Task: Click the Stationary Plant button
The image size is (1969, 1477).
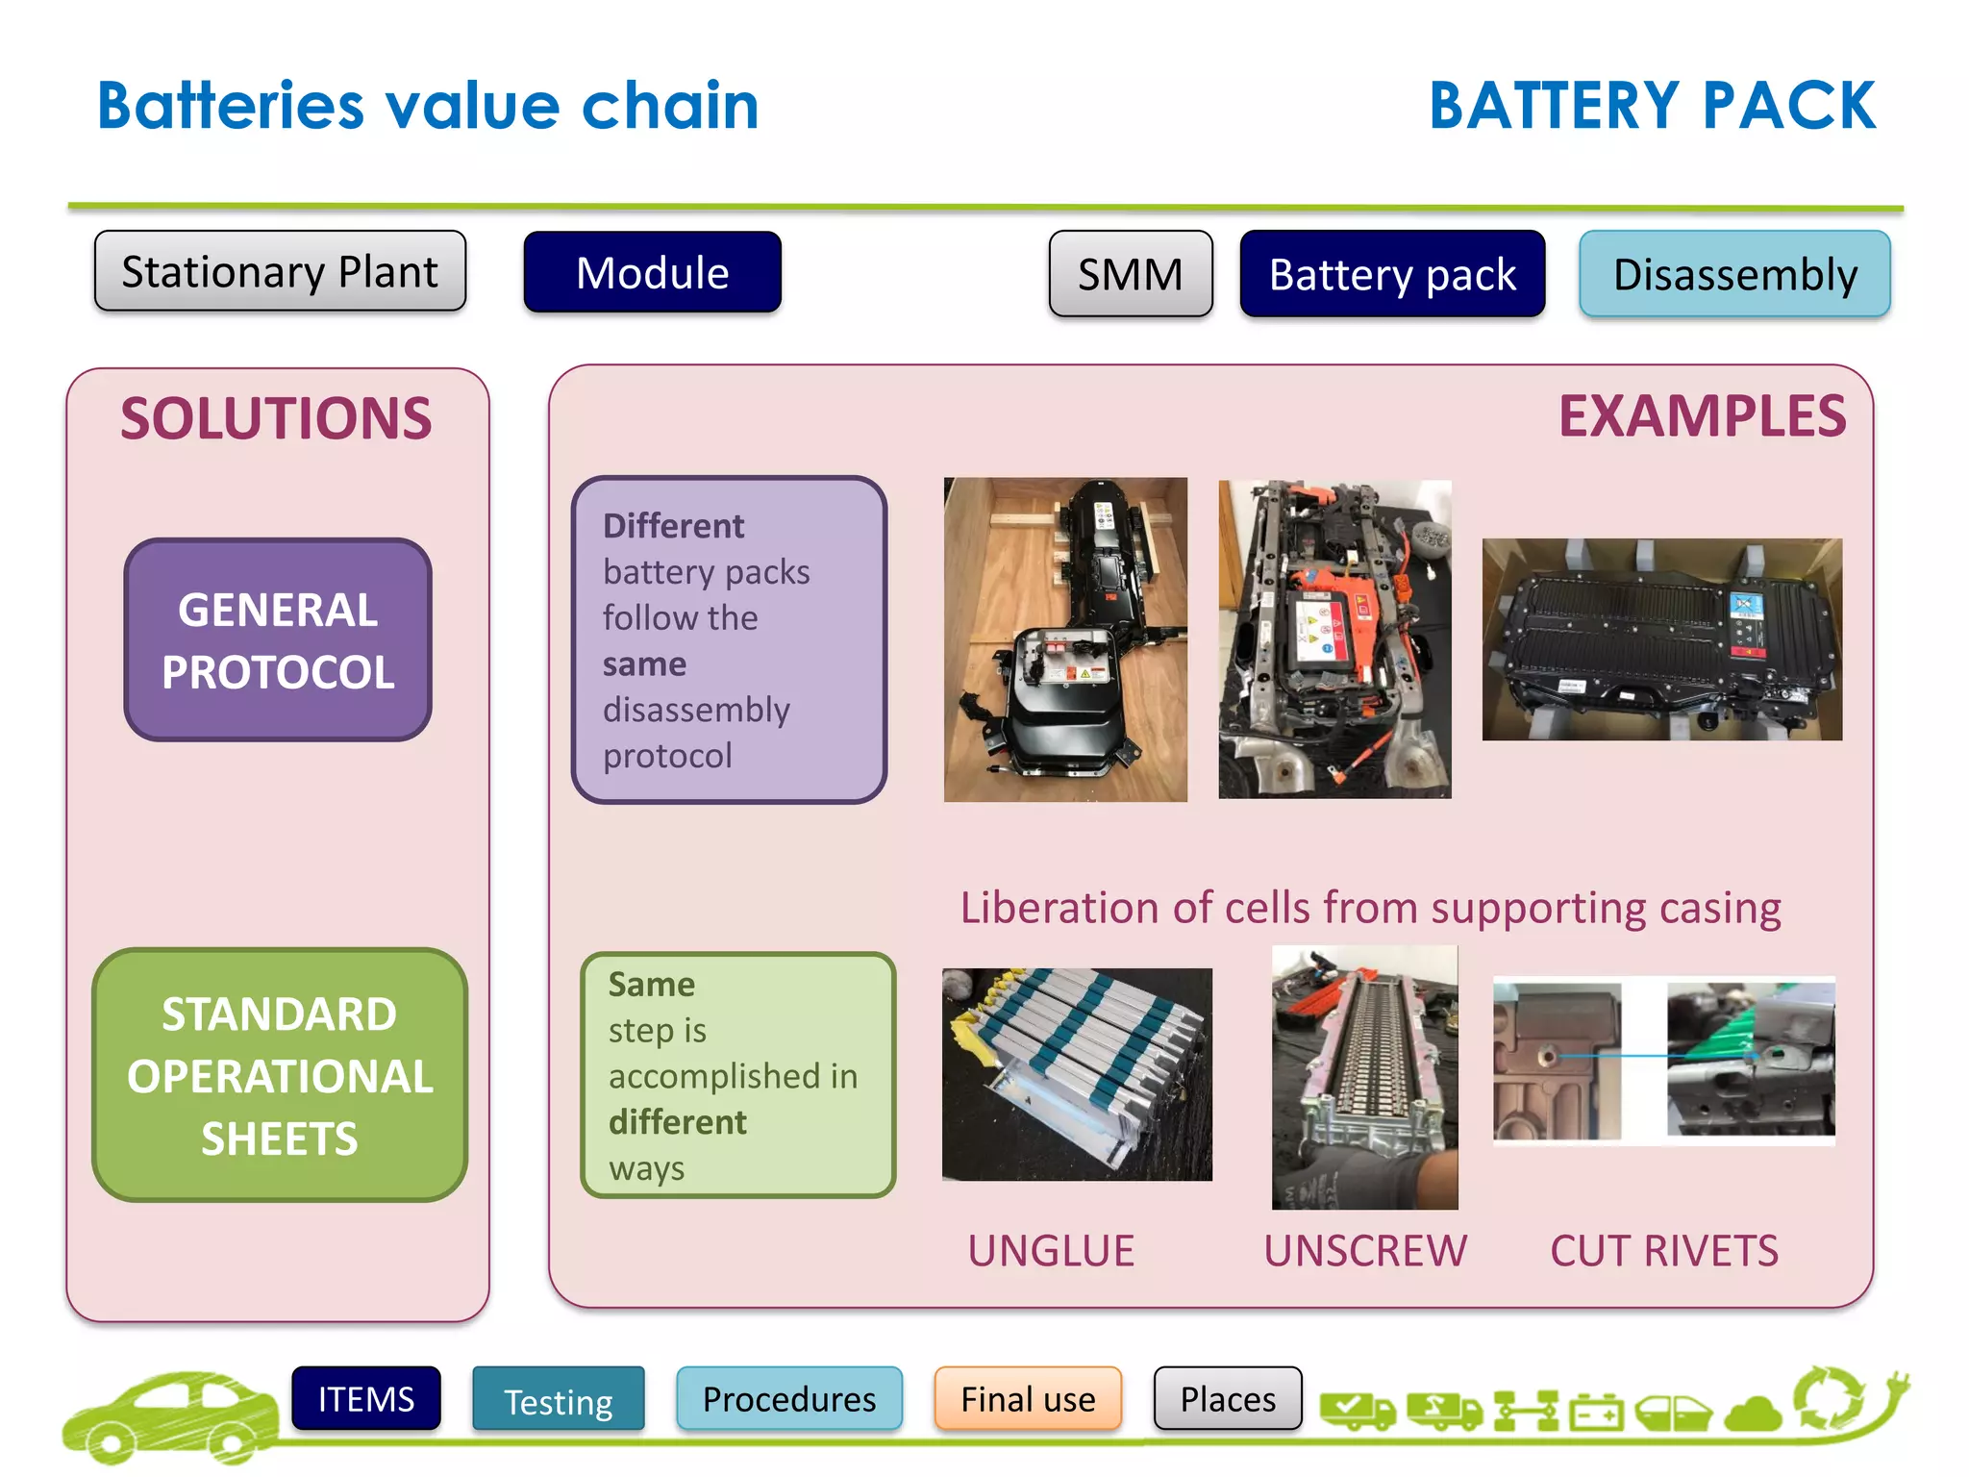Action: [x=280, y=271]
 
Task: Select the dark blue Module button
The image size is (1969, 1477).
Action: [x=652, y=272]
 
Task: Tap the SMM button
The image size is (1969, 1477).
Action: [x=1130, y=274]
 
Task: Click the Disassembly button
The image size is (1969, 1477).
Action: [x=1734, y=274]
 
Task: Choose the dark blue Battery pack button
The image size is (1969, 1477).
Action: [x=1391, y=274]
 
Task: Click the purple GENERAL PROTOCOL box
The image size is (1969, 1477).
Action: [x=278, y=640]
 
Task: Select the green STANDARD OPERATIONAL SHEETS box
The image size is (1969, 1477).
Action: [x=279, y=1075]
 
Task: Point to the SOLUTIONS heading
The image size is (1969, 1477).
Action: [x=276, y=419]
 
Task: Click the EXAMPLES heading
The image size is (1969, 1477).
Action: [x=1701, y=416]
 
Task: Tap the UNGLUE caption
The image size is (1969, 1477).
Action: [x=1051, y=1251]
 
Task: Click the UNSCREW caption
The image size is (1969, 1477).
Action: [x=1364, y=1251]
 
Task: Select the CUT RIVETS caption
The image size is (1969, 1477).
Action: [x=1663, y=1251]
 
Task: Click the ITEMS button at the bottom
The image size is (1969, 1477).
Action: [x=366, y=1399]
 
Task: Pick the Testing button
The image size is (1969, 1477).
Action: [x=559, y=1401]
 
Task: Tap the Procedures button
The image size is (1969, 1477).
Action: [x=788, y=1399]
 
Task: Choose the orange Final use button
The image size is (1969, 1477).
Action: [x=1027, y=1399]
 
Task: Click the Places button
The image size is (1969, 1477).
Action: [x=1228, y=1399]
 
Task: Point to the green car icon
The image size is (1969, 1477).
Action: [x=168, y=1416]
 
